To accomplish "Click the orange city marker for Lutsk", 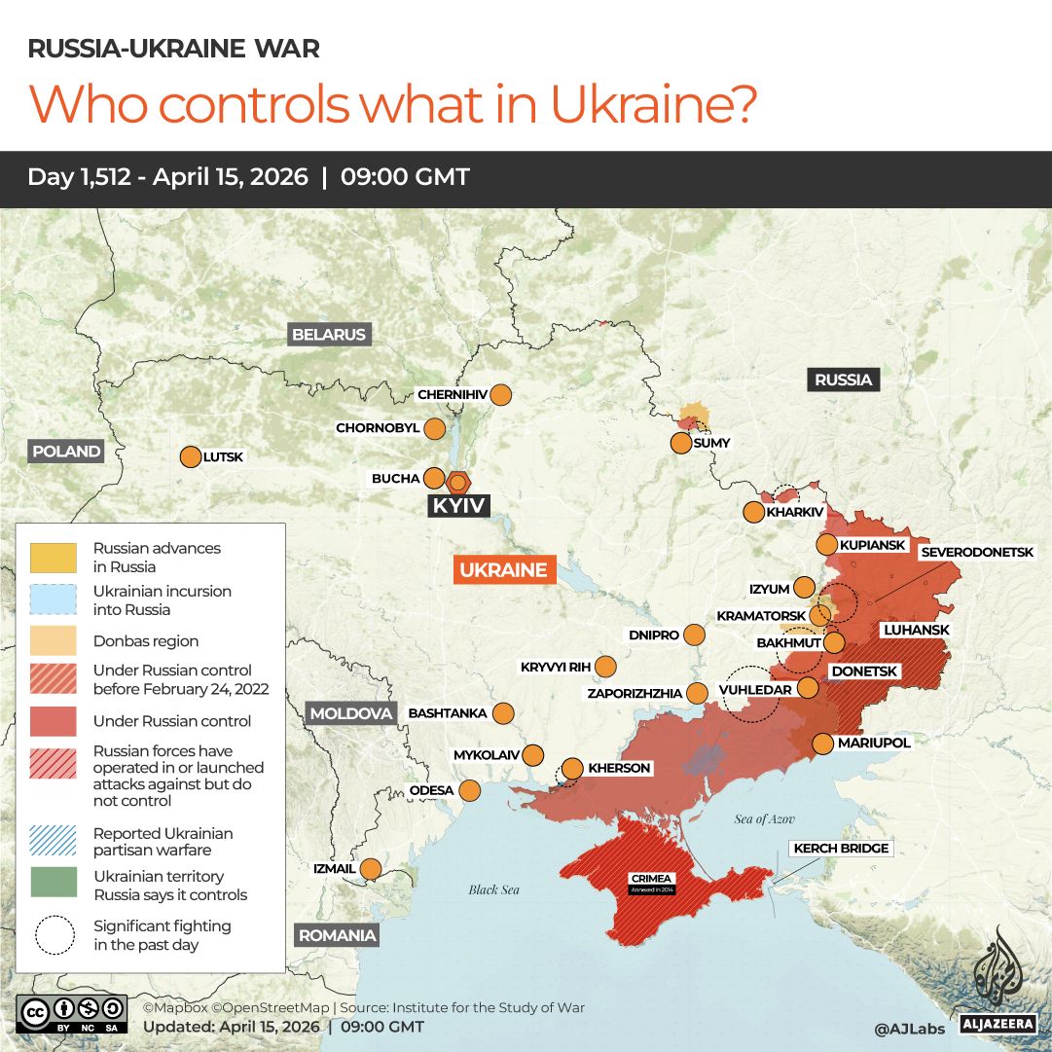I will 190,456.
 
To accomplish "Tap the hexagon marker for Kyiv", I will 458,482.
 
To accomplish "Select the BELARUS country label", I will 329,335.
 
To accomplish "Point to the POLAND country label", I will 66,452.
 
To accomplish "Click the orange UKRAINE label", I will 504,570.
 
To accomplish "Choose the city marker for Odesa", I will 470,790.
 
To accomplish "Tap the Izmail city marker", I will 371,868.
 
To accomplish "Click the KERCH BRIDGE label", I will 841,849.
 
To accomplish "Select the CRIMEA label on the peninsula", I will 650,879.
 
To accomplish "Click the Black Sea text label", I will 494,889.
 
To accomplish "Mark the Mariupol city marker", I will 822,744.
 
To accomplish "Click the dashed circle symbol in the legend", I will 54,934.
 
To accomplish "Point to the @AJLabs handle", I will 909,1029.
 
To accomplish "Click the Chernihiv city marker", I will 501,395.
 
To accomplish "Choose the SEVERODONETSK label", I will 975,552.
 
